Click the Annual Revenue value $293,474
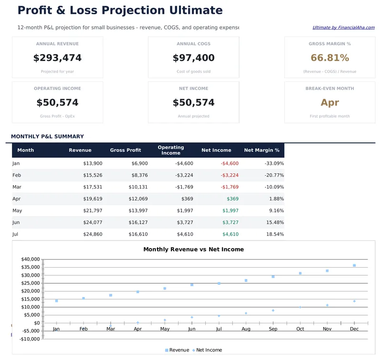57,58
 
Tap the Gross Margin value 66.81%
330,58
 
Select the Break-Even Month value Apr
330,102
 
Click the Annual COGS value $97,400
193,58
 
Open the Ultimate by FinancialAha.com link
343,28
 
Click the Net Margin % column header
261,150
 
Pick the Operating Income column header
170,150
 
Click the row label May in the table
17,210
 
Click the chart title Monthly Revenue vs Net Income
193,249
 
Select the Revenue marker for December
354,265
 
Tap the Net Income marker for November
327,305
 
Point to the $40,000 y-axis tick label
30,259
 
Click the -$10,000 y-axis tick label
29,339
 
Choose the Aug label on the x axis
246,329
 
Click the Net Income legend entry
209,350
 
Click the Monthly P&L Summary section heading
47,137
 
